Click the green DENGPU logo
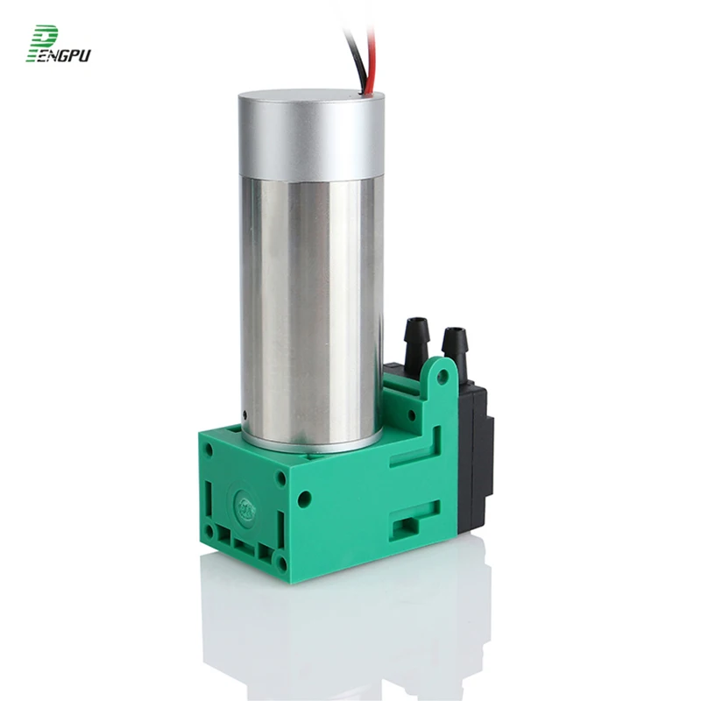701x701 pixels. pyautogui.click(x=58, y=44)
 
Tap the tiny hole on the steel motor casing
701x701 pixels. pyautogui.click(x=244, y=413)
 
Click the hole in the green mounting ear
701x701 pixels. pyautogui.click(x=443, y=377)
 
